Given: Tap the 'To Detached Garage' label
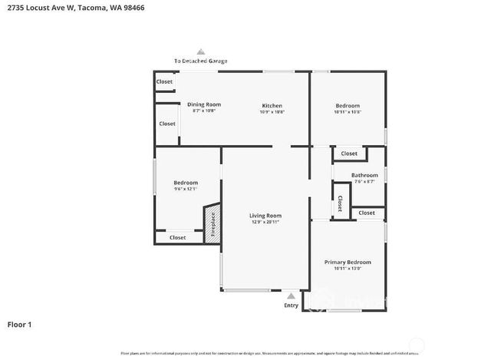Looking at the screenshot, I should [x=200, y=61].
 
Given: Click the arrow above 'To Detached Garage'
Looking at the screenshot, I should [x=201, y=51].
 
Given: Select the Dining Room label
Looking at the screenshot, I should [x=204, y=104].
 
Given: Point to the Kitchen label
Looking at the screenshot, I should [x=272, y=105].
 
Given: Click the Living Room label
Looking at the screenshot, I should [x=265, y=216].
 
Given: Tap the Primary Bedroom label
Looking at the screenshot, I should [x=348, y=262].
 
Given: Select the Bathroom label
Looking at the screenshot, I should [x=364, y=175].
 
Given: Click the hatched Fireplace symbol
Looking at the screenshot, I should [x=212, y=224].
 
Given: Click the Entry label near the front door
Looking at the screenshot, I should [x=291, y=305].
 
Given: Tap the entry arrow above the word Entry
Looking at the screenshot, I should [x=291, y=296].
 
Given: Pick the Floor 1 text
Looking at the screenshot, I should [x=19, y=324].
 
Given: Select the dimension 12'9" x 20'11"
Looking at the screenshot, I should [x=265, y=223].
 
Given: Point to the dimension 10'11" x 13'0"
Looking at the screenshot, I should [x=348, y=269].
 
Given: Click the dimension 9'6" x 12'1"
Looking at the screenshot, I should [x=186, y=189].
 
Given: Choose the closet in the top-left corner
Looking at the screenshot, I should [x=164, y=81].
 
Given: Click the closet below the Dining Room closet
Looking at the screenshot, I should [x=167, y=124].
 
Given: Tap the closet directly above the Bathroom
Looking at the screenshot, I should [x=349, y=154].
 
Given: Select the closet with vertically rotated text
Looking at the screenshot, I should [x=340, y=203].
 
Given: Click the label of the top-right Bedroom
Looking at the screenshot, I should [x=348, y=105].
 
